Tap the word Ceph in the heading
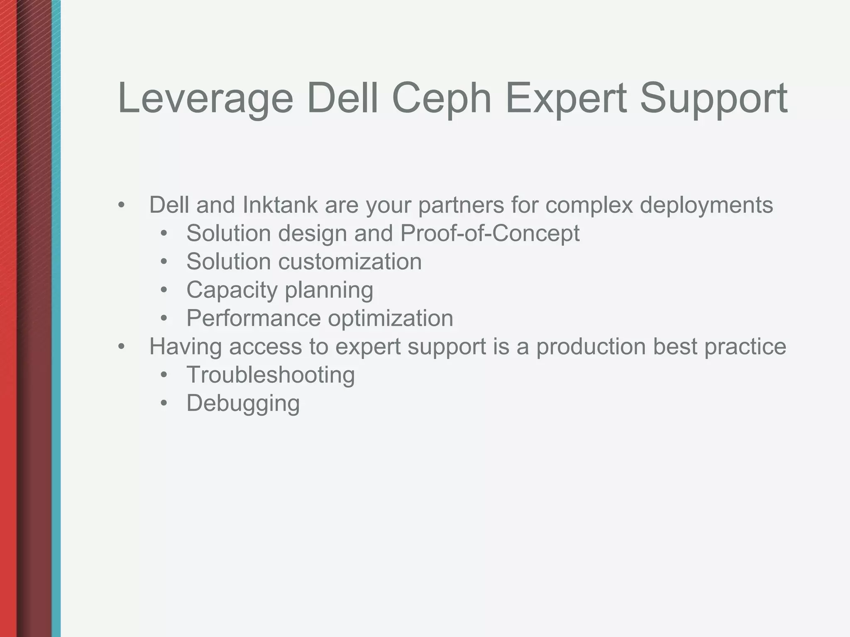[442, 99]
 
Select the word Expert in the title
[566, 99]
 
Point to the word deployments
[706, 205]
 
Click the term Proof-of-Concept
[490, 233]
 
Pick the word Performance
[254, 318]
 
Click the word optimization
[390, 318]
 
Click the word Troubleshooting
[271, 374]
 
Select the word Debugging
[243, 403]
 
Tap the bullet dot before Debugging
[164, 403]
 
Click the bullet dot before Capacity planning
[164, 290]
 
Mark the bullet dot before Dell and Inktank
[121, 205]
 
